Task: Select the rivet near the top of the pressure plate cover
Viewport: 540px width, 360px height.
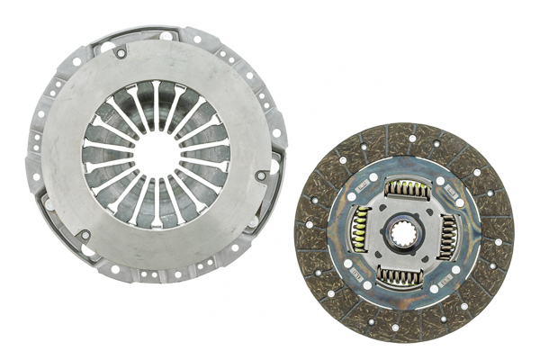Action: [120, 54]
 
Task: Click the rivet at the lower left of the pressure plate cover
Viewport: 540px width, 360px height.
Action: [84, 236]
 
